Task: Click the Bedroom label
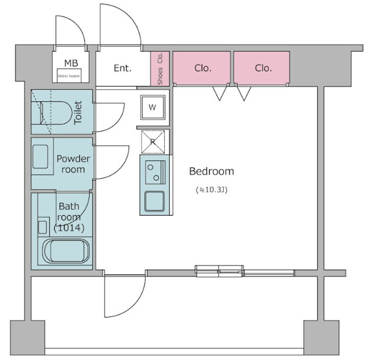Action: pyautogui.click(x=212, y=171)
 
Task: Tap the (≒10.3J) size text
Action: pyautogui.click(x=212, y=190)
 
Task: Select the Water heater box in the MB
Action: pyautogui.click(x=69, y=76)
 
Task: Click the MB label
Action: pyautogui.click(x=71, y=63)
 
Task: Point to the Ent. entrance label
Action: pyautogui.click(x=122, y=68)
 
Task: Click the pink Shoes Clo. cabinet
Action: pyautogui.click(x=160, y=69)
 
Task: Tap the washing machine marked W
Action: pyautogui.click(x=153, y=108)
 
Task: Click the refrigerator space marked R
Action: pyautogui.click(x=153, y=142)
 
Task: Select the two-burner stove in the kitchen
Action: pyautogui.click(x=156, y=173)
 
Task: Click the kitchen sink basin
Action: pyautogui.click(x=154, y=201)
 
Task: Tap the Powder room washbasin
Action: pyautogui.click(x=41, y=157)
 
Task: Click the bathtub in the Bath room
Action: pyautogui.click(x=66, y=251)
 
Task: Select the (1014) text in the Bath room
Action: pyautogui.click(x=69, y=228)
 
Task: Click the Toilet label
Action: pyautogui.click(x=78, y=112)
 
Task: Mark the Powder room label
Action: pyautogui.click(x=73, y=164)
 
